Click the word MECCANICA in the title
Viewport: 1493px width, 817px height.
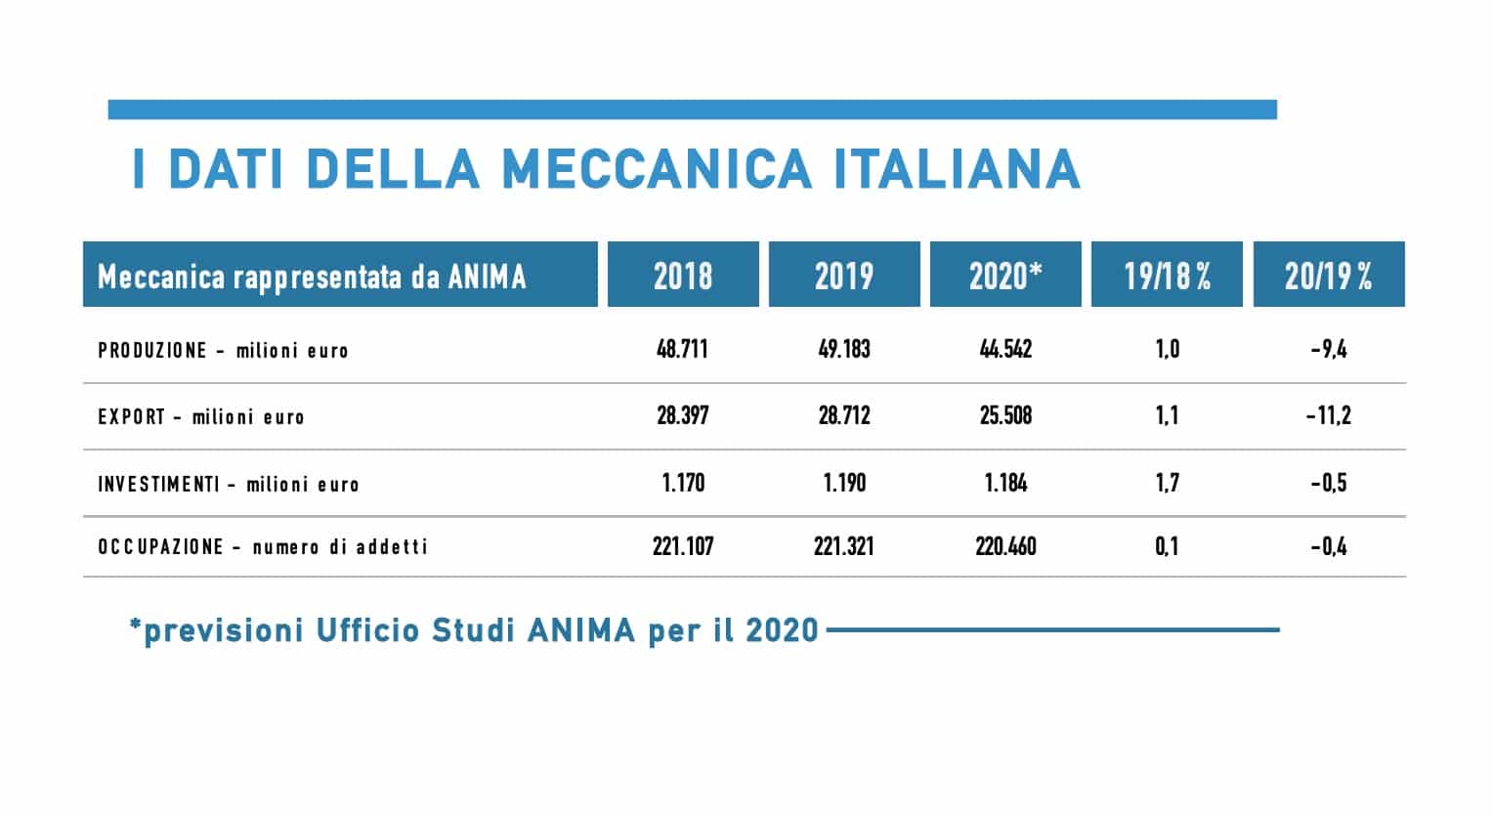coord(657,168)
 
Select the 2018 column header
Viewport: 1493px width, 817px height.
coord(683,276)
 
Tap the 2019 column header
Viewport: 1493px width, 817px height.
coord(844,276)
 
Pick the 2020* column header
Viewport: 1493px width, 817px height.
coord(1005,276)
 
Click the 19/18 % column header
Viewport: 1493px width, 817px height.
coord(1167,276)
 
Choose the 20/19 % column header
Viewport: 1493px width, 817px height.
coord(1329,276)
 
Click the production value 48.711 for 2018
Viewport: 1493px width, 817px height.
coord(682,350)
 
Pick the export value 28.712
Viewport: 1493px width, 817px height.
coord(844,416)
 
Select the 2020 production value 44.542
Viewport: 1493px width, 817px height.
coord(1005,350)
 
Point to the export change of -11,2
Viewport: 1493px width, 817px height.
coord(1329,416)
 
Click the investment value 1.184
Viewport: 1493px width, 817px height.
coord(1005,483)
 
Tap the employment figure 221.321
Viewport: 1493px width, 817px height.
coord(844,546)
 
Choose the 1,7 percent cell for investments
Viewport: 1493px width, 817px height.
coord(1167,483)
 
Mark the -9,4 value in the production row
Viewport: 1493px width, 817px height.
coord(1329,350)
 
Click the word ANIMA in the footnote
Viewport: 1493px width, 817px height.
coord(581,630)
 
